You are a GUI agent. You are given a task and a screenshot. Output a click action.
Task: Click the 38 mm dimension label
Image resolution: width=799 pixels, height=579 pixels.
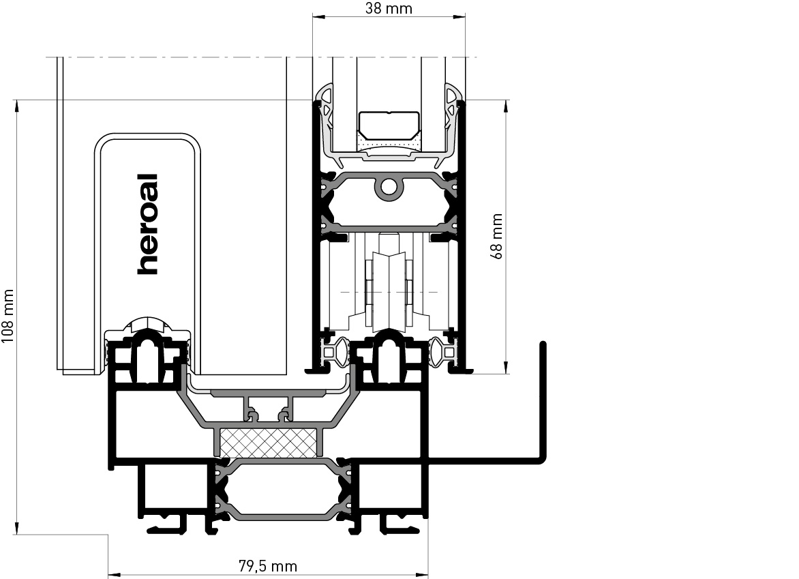pyautogui.click(x=389, y=8)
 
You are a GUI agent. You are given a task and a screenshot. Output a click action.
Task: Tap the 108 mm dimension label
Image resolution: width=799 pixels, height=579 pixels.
pyautogui.click(x=7, y=316)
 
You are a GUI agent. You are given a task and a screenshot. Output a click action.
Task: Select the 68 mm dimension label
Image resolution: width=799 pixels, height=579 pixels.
pyautogui.click(x=496, y=237)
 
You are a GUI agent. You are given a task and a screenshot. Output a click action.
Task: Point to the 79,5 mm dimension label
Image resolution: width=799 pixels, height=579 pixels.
pyautogui.click(x=267, y=566)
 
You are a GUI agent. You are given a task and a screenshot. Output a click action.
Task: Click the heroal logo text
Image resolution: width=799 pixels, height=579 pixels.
pyautogui.click(x=148, y=224)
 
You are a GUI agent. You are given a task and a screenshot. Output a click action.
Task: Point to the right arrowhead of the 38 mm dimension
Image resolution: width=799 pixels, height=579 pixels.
pyautogui.click(x=459, y=16)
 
